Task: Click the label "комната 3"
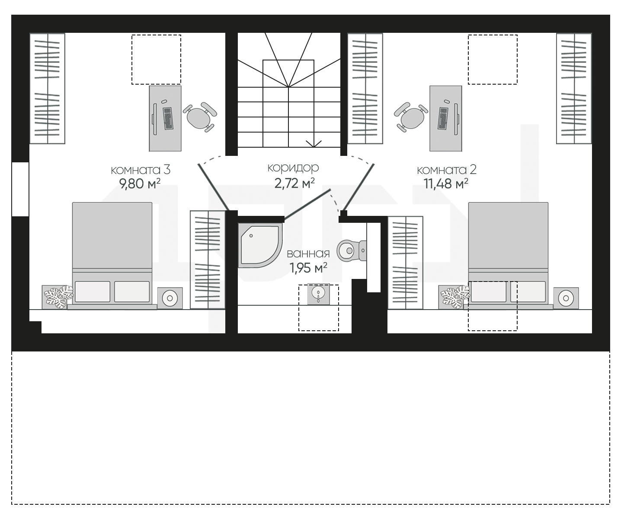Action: point(141,170)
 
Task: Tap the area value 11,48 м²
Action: point(446,184)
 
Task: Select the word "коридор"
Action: point(293,168)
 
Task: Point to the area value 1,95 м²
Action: point(308,268)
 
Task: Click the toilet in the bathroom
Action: point(352,250)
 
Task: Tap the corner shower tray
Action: point(260,245)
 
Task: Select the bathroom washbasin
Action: point(319,294)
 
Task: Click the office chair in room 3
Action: point(199,117)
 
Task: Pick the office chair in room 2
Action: point(411,117)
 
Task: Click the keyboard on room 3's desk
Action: point(168,118)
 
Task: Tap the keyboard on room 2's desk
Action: point(443,118)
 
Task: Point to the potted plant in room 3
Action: point(58,297)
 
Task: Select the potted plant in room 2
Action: point(454,297)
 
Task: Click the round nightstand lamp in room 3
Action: point(170,298)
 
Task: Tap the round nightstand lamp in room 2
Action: point(566,298)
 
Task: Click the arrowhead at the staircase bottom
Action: point(314,144)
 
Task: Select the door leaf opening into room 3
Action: point(214,187)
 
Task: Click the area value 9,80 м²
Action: point(140,184)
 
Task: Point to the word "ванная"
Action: point(308,254)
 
